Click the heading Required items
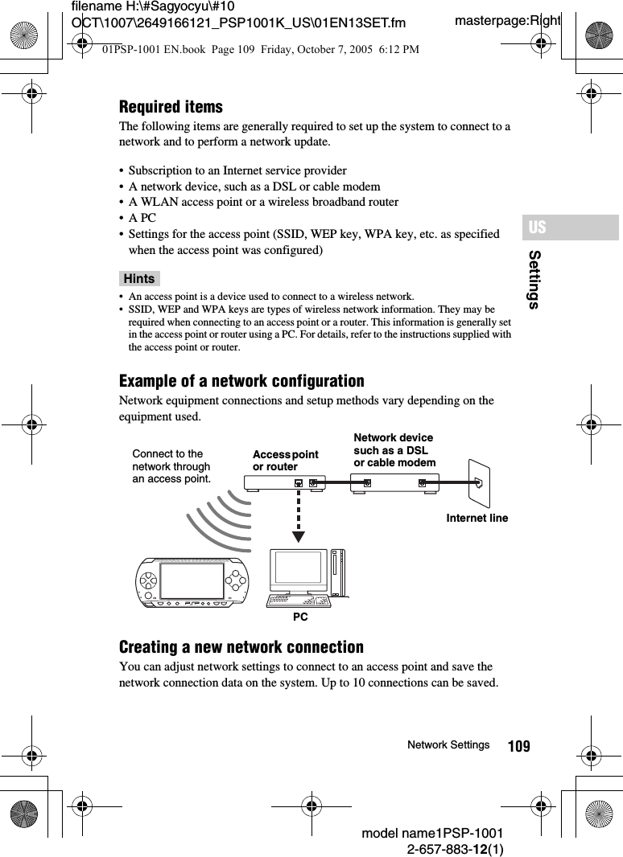coord(171,107)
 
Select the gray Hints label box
coord(139,279)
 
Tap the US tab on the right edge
coord(538,228)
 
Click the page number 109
coord(519,747)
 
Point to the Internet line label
coord(477,519)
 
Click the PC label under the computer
coord(300,617)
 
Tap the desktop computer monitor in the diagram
coord(299,572)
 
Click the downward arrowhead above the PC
coord(299,536)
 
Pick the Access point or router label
coord(285,461)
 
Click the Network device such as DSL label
coord(394,450)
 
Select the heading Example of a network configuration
coord(241,381)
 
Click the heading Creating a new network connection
coord(241,647)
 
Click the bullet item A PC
coord(142,218)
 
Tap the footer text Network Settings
coord(448,745)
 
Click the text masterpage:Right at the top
coord(507,20)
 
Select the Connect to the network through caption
coord(171,466)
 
